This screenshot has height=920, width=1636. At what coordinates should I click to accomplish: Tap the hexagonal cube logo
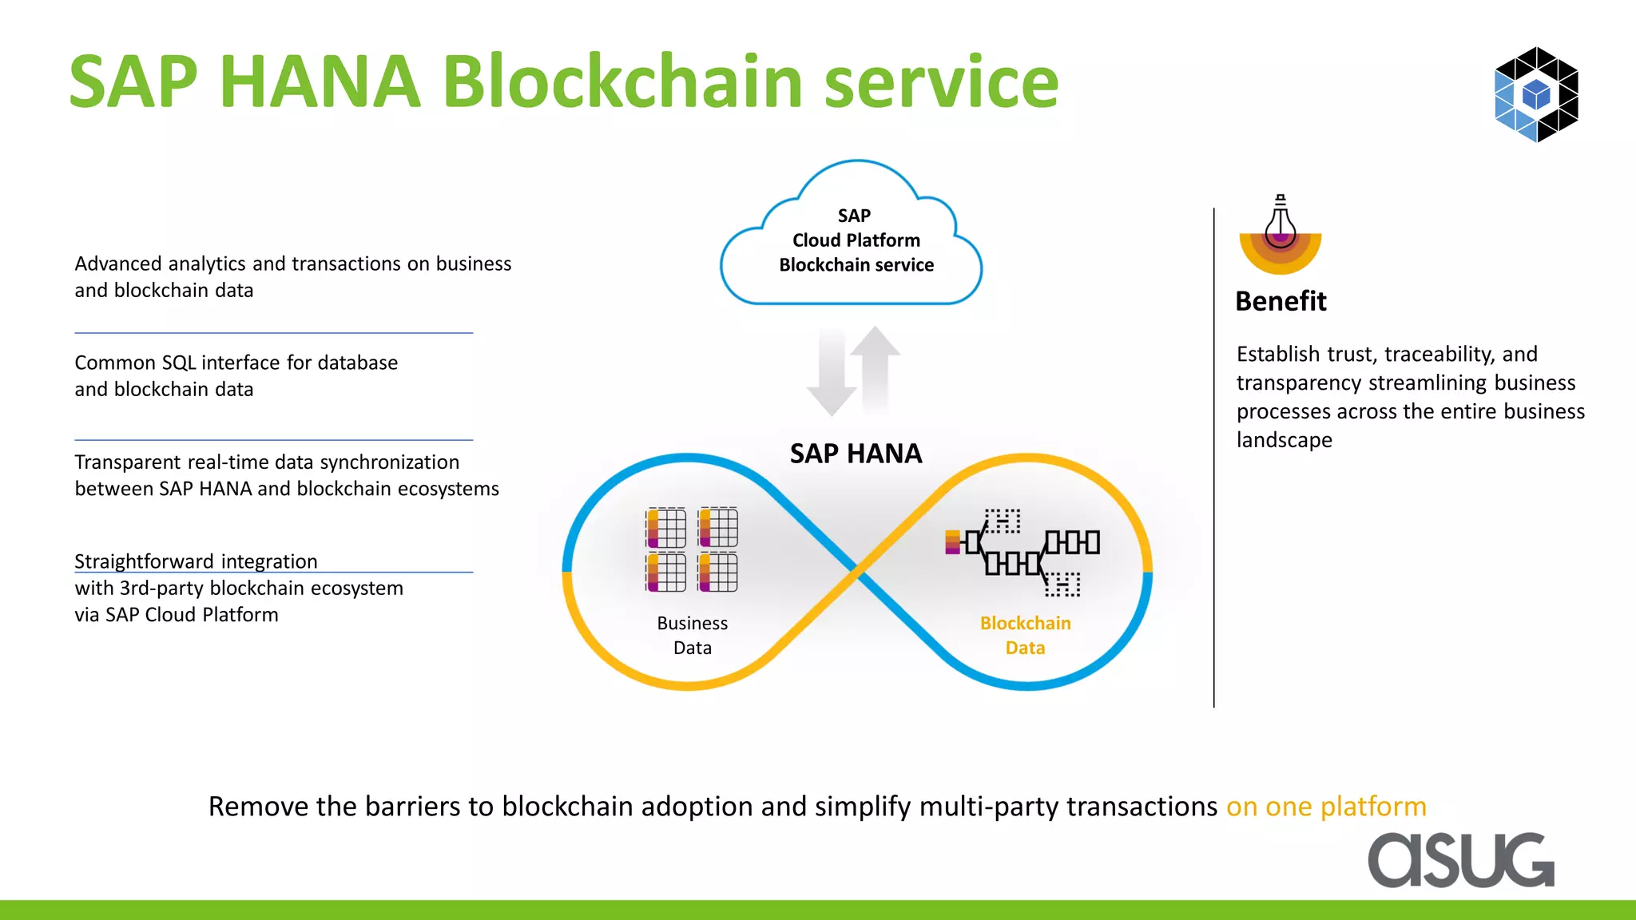(1536, 94)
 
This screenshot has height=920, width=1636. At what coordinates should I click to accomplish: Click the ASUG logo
(1461, 860)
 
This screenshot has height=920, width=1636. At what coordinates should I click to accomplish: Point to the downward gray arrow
(832, 371)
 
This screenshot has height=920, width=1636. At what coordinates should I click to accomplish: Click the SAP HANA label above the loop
(856, 454)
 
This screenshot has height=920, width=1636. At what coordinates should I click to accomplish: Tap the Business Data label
(692, 635)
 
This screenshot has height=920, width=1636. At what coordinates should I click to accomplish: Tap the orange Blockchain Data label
(1025, 635)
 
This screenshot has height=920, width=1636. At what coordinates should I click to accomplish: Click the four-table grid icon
(692, 549)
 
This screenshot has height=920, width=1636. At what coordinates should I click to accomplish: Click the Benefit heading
(1281, 301)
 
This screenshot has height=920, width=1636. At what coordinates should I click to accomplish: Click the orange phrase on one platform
(1326, 807)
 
